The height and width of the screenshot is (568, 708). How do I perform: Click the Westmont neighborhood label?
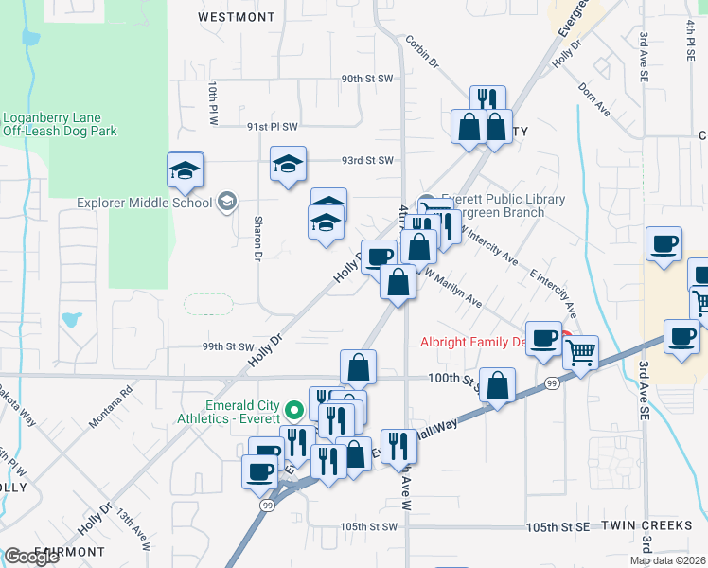pyautogui.click(x=237, y=17)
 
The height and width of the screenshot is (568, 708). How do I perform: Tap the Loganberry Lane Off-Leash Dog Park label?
pyautogui.click(x=60, y=125)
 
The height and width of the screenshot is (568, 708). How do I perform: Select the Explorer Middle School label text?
pyautogui.click(x=145, y=202)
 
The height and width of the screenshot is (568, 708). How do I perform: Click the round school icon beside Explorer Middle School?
pyautogui.click(x=226, y=201)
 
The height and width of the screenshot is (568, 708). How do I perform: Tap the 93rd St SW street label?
pyautogui.click(x=367, y=161)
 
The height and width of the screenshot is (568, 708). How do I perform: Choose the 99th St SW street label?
pyautogui.click(x=228, y=347)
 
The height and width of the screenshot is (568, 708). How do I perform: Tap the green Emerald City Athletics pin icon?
pyautogui.click(x=293, y=410)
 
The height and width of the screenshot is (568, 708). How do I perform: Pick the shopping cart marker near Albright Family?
pyautogui.click(x=580, y=352)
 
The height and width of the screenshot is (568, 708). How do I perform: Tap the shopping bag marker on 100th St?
pyautogui.click(x=497, y=385)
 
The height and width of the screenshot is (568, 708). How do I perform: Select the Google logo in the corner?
pyautogui.click(x=31, y=557)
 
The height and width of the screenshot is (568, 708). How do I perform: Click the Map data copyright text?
pyautogui.click(x=667, y=560)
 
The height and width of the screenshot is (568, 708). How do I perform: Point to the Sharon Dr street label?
pyautogui.click(x=257, y=238)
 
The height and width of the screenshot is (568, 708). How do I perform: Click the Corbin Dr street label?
pyautogui.click(x=423, y=51)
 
